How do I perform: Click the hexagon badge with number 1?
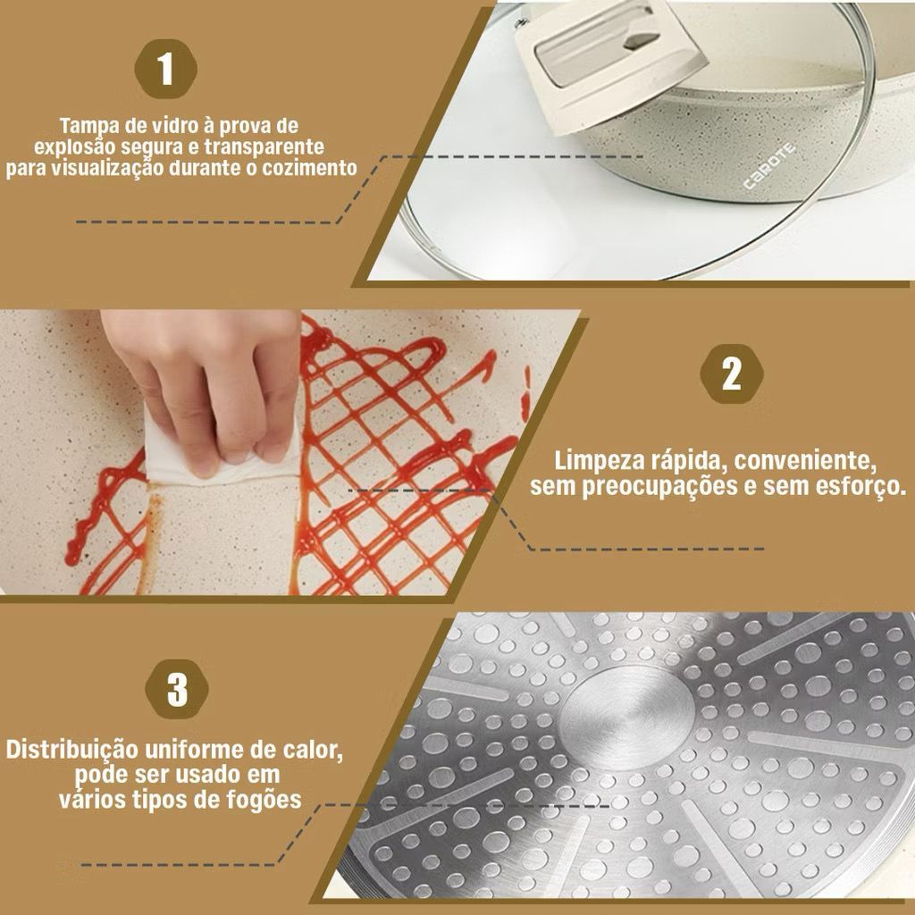pos(165,70)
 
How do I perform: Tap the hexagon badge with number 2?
pos(732,374)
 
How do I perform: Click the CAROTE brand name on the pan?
pos(769,166)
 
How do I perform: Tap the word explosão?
pos(79,147)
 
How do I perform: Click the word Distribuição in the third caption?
pos(71,750)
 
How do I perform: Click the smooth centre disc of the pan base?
pos(627,717)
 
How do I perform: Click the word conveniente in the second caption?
pos(806,461)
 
